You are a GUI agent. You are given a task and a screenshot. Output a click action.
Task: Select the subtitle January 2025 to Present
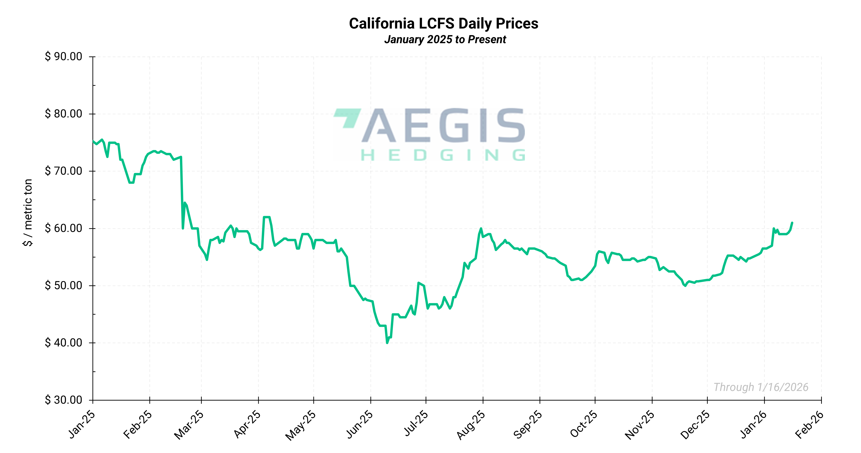point(445,39)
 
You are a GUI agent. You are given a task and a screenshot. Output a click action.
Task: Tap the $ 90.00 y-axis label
point(63,56)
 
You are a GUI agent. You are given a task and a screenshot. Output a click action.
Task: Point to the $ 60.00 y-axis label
point(63,228)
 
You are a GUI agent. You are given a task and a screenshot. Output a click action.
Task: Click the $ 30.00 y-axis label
point(63,400)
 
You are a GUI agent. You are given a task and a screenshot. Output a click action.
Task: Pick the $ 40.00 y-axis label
point(63,343)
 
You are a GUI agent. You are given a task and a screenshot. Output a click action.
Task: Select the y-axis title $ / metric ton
point(28,213)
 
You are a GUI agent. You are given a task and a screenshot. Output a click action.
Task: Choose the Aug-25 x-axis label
point(471,425)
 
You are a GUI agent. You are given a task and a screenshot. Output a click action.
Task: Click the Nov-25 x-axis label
point(640,425)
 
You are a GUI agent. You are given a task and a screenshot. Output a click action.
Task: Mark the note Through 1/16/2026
point(761,387)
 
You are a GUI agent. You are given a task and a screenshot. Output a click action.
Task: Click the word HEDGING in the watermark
point(443,155)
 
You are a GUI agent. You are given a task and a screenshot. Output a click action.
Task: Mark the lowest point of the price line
point(387,343)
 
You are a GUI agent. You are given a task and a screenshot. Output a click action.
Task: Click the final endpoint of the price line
point(792,223)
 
